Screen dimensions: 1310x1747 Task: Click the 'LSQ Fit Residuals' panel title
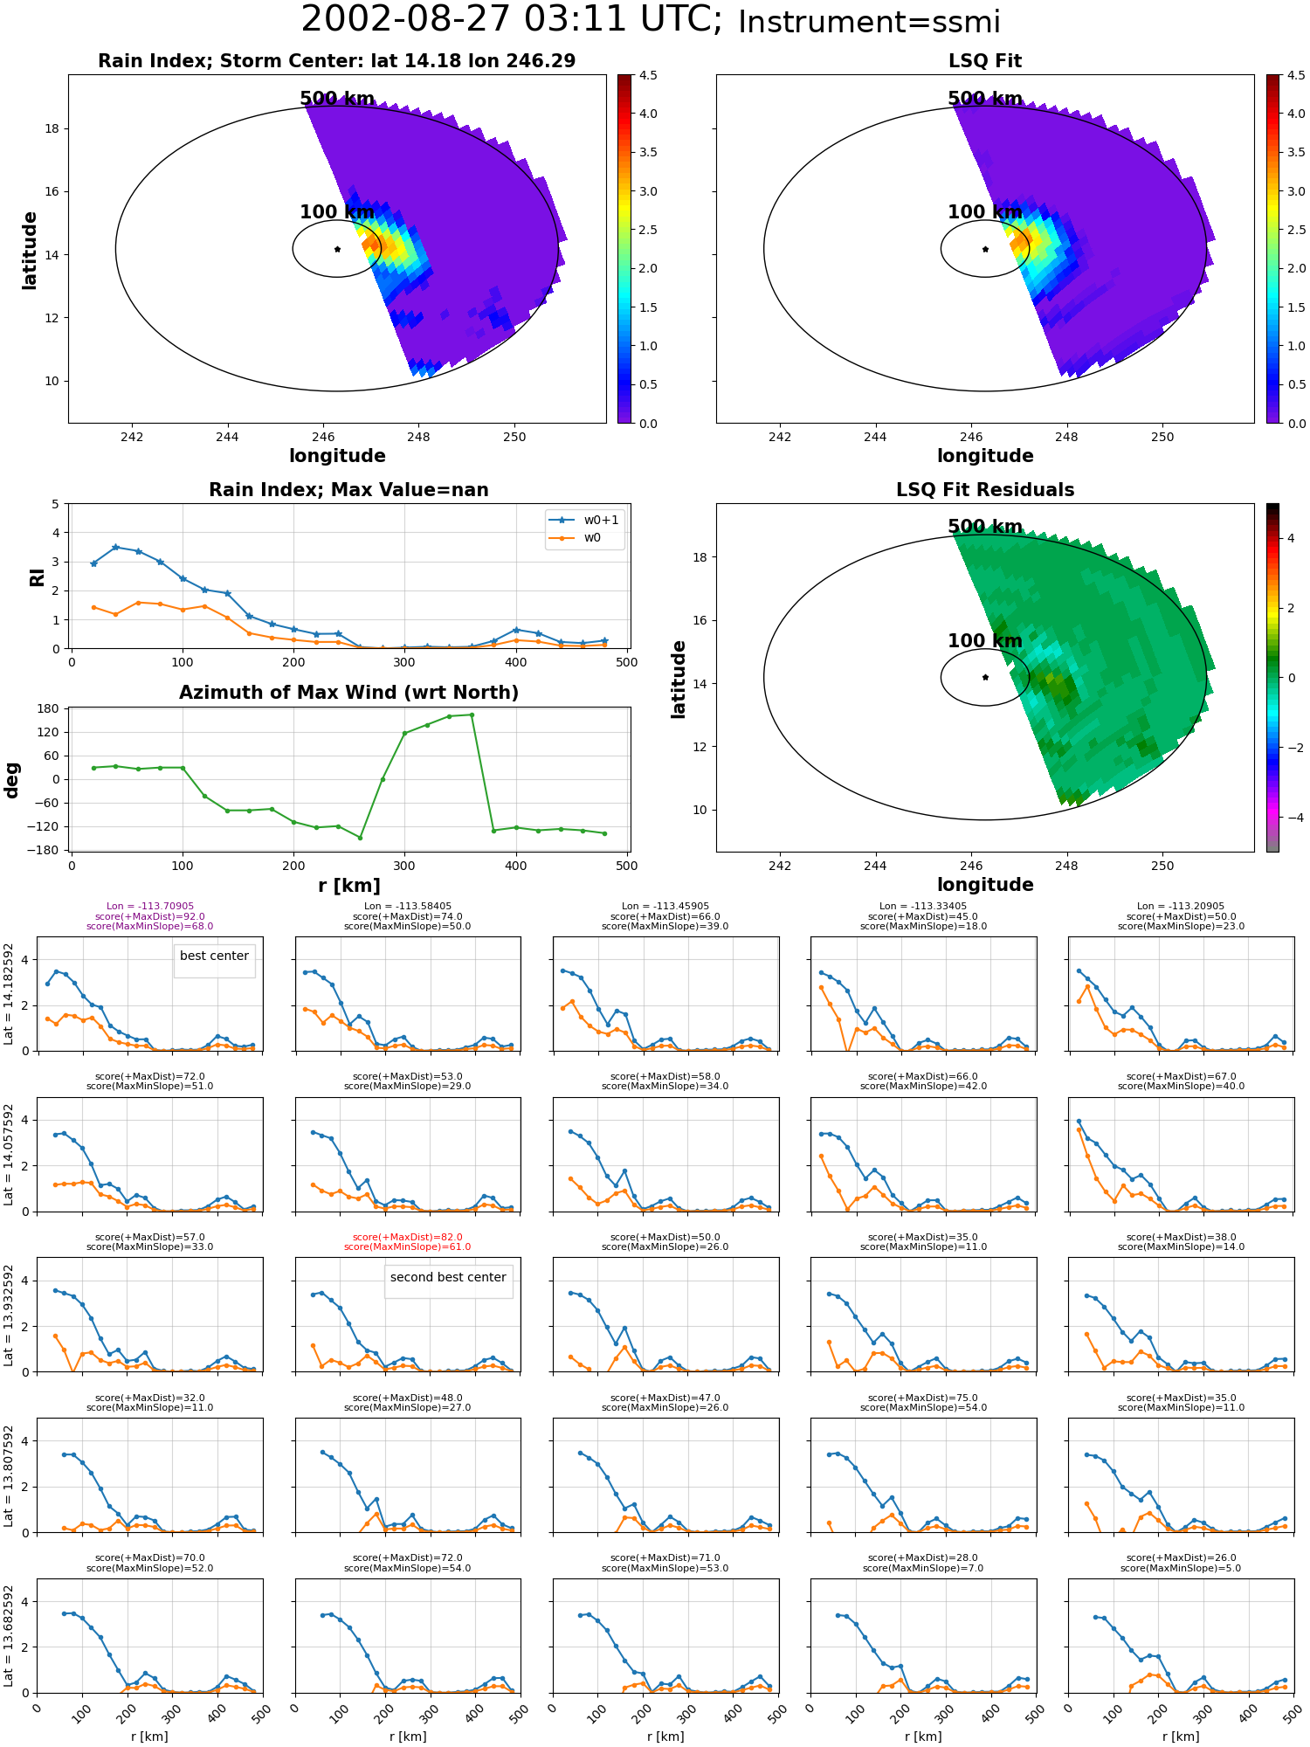(x=985, y=490)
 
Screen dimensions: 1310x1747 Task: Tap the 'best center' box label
(x=214, y=956)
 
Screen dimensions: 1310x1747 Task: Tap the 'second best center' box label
(x=448, y=1277)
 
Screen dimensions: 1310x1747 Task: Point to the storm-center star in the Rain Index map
(x=337, y=249)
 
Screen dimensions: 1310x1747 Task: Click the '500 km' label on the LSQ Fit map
(x=985, y=99)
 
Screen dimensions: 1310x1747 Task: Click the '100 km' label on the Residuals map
(x=985, y=640)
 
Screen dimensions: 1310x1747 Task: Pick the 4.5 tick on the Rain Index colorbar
(x=648, y=75)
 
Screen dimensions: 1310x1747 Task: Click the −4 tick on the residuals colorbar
(x=1291, y=818)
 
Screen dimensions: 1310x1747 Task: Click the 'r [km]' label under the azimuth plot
(x=349, y=886)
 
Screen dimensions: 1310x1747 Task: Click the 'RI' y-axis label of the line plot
(x=37, y=577)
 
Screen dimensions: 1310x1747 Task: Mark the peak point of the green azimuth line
(x=472, y=715)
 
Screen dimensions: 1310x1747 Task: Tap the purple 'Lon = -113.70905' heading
(x=150, y=907)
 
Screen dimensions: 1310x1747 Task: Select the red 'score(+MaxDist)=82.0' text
(x=408, y=1237)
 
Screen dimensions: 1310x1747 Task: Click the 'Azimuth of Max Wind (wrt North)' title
(x=349, y=693)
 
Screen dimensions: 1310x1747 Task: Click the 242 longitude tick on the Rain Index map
(x=132, y=437)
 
